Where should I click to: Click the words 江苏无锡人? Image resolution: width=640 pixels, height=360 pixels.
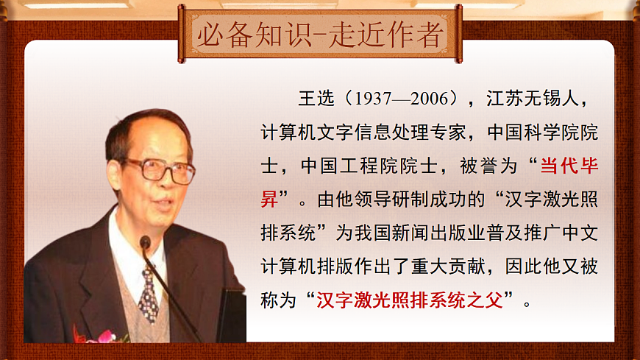(x=537, y=99)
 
